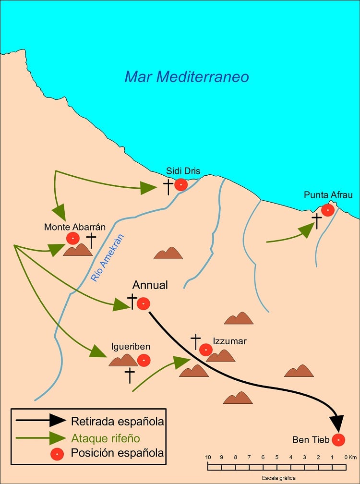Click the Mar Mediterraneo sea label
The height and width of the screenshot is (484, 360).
pos(187,76)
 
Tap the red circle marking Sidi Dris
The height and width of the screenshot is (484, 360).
pos(181,185)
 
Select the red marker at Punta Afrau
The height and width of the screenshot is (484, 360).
pos(328,210)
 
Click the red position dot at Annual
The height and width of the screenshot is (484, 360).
pos(144,304)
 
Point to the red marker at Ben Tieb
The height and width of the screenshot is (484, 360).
pos(338,439)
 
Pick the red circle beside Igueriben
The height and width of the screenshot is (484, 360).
pos(144,360)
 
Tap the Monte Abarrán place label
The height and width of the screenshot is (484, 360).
pos(75,227)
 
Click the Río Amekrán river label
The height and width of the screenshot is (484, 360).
pos(108,258)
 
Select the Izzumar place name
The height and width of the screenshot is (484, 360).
pos(230,341)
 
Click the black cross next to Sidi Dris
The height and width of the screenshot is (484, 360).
pos(168,187)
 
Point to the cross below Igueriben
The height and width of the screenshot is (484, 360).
pos(130,375)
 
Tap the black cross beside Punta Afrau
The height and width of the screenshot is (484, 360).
pos(316,221)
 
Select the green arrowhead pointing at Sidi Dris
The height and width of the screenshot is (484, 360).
pos(148,188)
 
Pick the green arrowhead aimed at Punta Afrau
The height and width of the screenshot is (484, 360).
pos(307,230)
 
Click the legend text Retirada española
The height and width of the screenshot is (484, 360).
pos(118,422)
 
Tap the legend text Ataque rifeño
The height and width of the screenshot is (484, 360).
pos(106,438)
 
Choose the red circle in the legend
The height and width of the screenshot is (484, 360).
pos(58,454)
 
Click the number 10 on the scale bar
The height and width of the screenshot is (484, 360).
pos(208,457)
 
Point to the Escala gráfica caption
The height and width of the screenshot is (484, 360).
pos(278,478)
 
